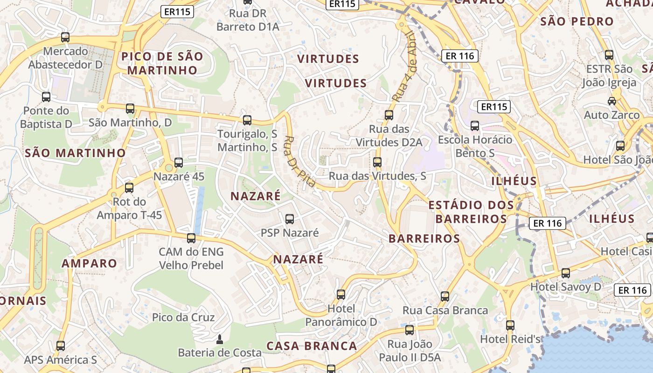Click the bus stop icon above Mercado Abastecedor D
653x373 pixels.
click(65, 37)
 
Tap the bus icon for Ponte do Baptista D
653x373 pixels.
click(46, 97)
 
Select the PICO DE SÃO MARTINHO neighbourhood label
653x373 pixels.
click(162, 63)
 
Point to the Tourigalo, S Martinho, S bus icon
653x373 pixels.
click(247, 120)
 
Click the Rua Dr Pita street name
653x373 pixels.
click(300, 162)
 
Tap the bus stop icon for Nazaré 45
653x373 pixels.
click(179, 163)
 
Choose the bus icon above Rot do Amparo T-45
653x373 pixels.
click(129, 188)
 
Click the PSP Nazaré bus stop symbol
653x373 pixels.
click(290, 219)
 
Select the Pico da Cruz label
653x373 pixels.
click(183, 318)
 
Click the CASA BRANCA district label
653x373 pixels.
click(312, 346)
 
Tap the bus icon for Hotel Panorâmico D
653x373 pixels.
click(341, 295)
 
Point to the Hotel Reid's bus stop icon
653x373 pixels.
click(510, 325)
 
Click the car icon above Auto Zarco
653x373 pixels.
click(612, 101)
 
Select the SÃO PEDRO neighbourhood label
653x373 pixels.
click(577, 21)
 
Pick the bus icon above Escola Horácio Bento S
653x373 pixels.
click(475, 126)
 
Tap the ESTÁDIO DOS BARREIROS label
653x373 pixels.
click(471, 212)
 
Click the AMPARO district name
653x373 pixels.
click(90, 263)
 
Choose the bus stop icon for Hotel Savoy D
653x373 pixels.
click(566, 273)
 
